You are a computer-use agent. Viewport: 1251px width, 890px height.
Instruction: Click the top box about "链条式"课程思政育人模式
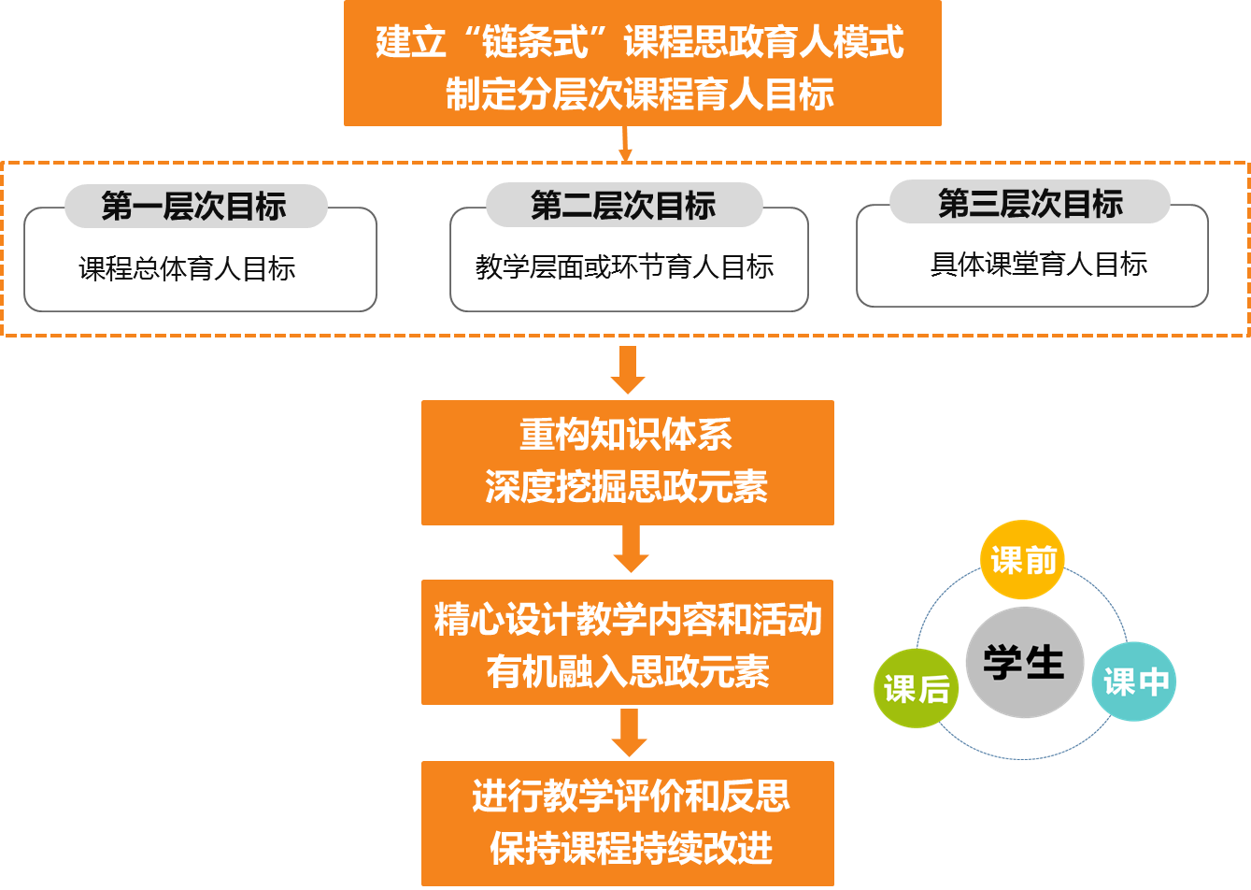[642, 63]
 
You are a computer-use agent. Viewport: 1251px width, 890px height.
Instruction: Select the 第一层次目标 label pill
[195, 206]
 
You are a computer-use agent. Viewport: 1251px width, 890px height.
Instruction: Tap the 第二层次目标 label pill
[624, 206]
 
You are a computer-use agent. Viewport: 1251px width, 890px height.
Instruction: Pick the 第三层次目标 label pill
[1030, 203]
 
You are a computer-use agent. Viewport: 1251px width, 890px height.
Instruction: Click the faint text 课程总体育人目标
[187, 269]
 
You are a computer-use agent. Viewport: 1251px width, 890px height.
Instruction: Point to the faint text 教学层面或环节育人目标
[624, 267]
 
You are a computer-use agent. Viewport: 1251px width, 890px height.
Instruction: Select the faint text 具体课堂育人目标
[1038, 265]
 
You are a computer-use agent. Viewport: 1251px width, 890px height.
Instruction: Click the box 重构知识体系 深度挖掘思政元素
[627, 462]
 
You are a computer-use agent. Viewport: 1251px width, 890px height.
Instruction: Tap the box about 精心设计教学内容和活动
[627, 642]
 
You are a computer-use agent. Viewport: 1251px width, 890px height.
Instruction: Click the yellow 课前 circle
[1022, 560]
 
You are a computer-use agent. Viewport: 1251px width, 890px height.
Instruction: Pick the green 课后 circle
[917, 688]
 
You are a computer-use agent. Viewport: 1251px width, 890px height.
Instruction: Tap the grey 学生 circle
[1024, 662]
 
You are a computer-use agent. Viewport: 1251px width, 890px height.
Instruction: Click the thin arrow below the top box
[625, 144]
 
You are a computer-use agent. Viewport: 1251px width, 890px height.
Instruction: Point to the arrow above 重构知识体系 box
[628, 369]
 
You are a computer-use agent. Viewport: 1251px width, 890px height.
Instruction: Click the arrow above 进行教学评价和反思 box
[629, 732]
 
